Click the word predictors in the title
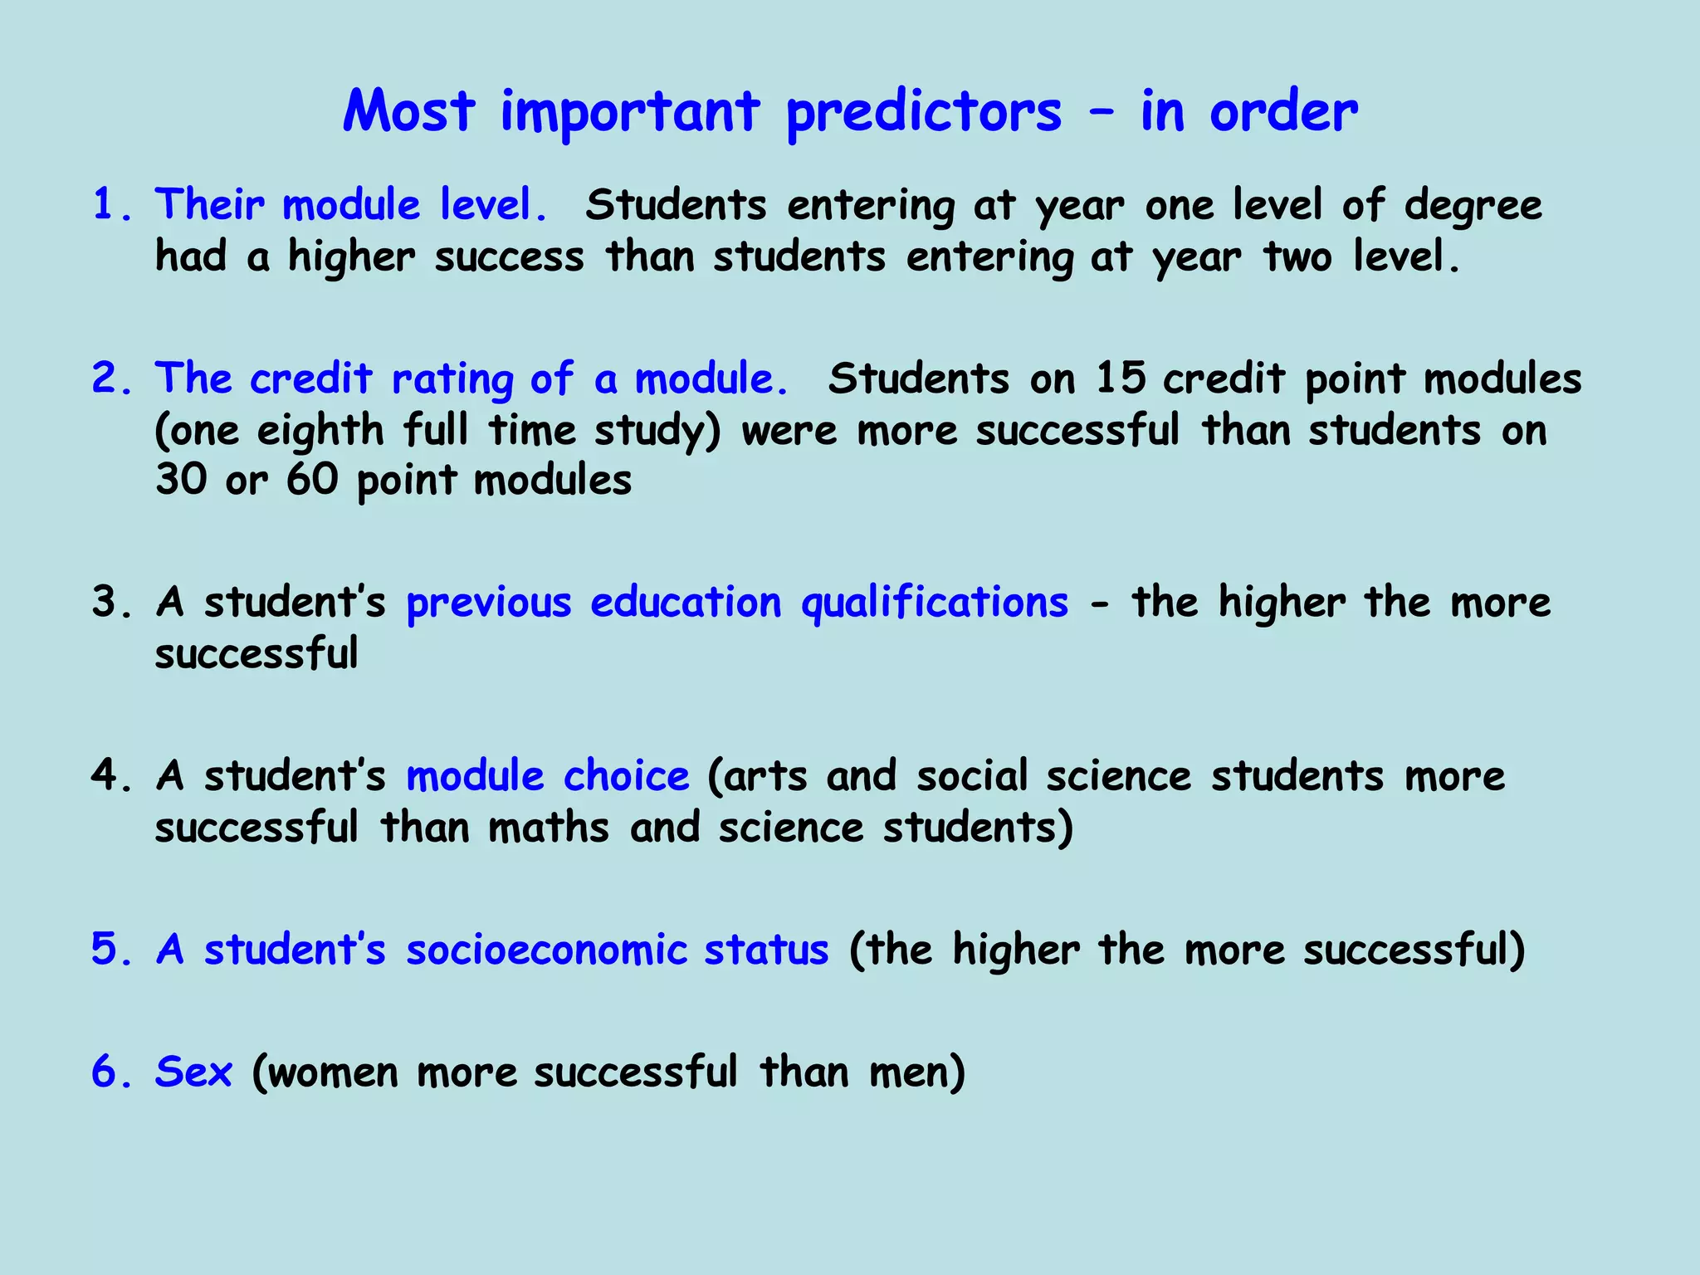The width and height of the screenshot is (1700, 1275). click(x=923, y=113)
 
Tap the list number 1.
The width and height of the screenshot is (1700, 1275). click(x=104, y=205)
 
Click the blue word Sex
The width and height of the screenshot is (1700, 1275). click(x=193, y=1072)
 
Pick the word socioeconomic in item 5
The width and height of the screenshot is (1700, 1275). click(x=546, y=950)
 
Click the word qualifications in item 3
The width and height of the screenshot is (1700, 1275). click(x=934, y=603)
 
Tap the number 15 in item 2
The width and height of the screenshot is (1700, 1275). click(x=1120, y=379)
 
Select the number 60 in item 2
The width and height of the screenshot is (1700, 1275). click(x=312, y=480)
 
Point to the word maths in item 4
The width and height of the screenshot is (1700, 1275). click(x=549, y=828)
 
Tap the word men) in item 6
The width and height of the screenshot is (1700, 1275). click(x=917, y=1072)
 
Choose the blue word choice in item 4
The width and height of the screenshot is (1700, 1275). click(x=626, y=775)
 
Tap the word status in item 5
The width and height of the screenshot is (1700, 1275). click(x=765, y=950)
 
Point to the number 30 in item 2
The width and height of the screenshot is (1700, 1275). click(x=181, y=480)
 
